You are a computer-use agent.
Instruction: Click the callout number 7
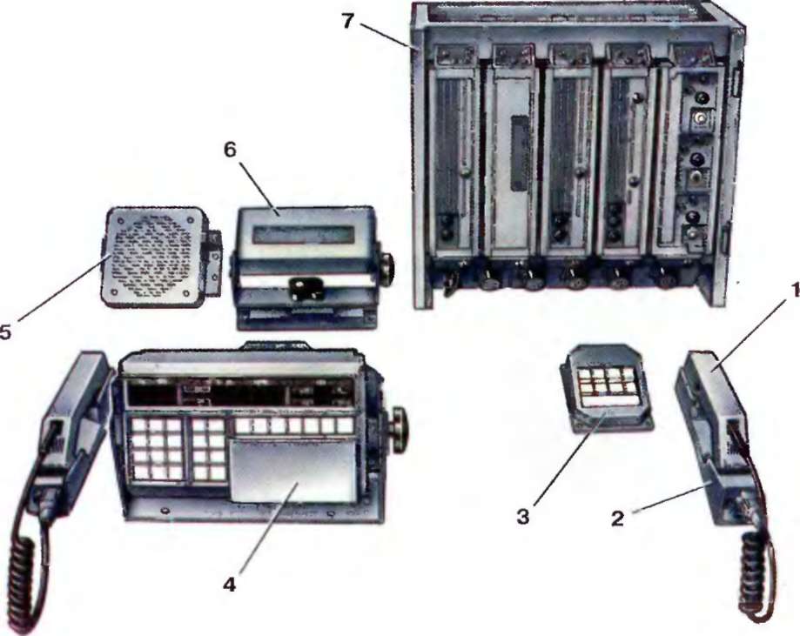tap(348, 22)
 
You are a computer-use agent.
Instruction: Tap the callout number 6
tap(230, 150)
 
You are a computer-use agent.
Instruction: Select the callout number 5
tap(5, 332)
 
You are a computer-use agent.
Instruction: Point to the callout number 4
tap(230, 585)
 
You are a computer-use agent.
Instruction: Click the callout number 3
tap(522, 517)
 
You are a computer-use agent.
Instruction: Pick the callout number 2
tap(617, 519)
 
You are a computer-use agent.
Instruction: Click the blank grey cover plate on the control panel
tap(292, 470)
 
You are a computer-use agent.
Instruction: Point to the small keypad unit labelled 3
tap(606, 389)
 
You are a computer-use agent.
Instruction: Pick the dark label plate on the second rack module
tap(520, 153)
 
